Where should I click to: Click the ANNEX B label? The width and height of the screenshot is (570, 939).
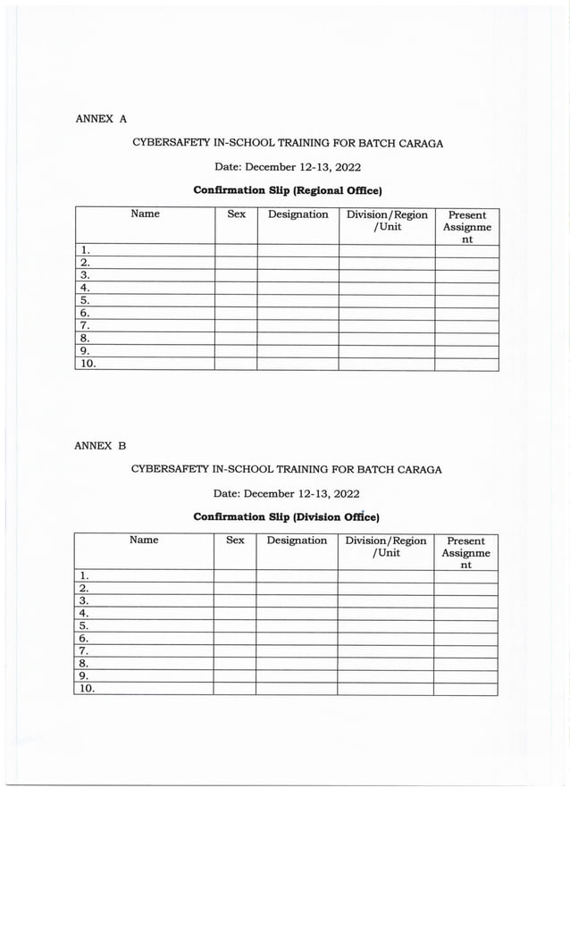(x=100, y=445)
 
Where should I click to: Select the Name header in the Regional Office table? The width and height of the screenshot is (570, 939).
(x=145, y=214)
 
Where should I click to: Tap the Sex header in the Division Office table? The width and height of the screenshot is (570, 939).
(x=235, y=541)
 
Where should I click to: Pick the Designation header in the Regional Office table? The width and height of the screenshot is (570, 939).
(x=298, y=214)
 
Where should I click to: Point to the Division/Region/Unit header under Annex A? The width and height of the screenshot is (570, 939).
(x=387, y=221)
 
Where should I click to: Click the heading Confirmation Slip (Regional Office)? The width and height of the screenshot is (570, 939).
(x=288, y=190)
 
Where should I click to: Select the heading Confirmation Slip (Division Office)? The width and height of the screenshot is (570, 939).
(x=286, y=516)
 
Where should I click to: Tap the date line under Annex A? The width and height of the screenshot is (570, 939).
(x=288, y=166)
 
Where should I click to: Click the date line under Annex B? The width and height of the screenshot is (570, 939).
(x=286, y=493)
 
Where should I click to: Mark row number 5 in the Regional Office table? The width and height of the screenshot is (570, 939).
(x=85, y=301)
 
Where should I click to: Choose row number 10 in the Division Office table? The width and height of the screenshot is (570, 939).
(x=88, y=689)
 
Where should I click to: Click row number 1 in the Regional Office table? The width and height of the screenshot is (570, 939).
(x=85, y=251)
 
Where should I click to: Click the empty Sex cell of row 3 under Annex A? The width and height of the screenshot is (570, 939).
(x=236, y=276)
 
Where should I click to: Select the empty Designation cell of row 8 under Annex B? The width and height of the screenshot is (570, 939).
(x=297, y=664)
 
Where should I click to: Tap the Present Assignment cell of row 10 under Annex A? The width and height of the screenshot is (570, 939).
(x=466, y=364)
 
